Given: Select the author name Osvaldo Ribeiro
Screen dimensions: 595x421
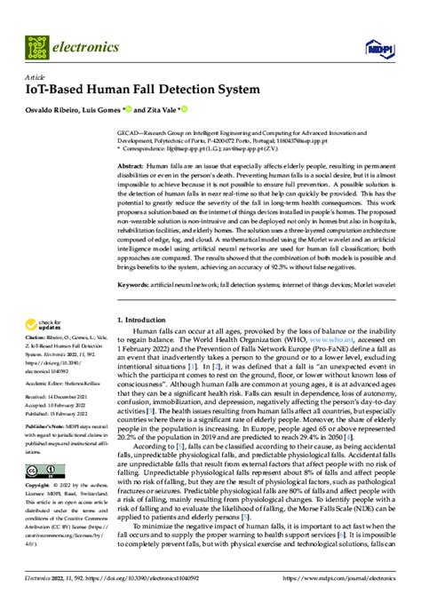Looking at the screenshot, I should [60, 109].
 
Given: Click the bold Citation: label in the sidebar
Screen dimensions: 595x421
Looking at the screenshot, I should [41, 338].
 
